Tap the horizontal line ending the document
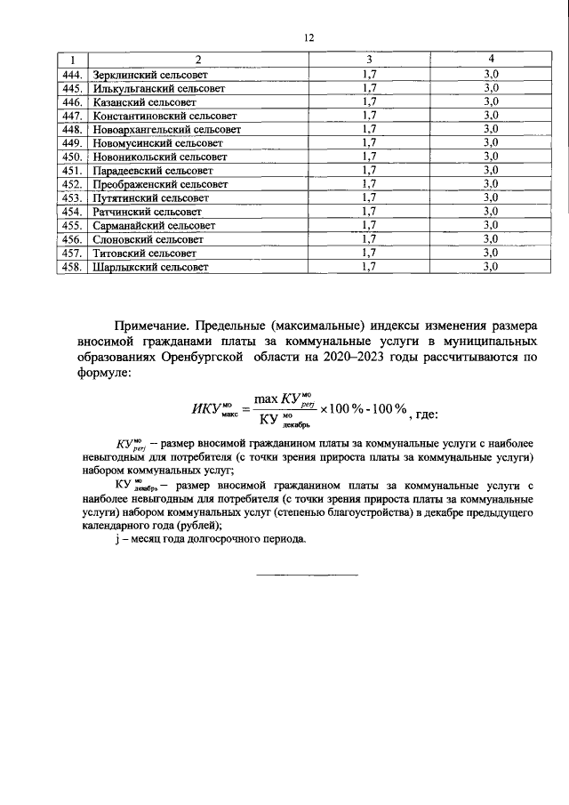coord(308,576)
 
